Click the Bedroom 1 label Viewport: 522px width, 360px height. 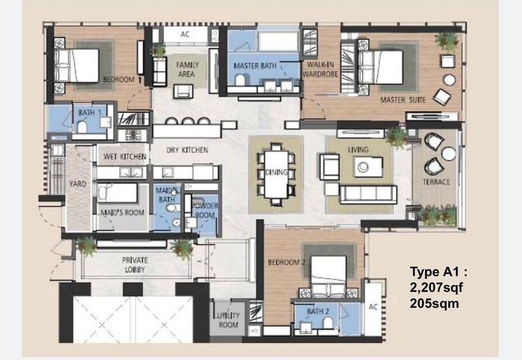(122, 80)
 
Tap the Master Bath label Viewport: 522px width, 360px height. (255, 66)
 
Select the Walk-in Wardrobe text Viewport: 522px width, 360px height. (320, 69)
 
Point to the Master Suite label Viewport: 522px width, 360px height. (403, 100)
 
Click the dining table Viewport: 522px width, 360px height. (276, 174)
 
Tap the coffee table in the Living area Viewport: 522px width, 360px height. (368, 167)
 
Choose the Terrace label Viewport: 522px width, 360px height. (436, 182)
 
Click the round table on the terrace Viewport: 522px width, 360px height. (449, 153)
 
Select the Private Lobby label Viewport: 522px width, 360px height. (135, 265)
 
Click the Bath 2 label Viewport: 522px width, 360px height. (318, 312)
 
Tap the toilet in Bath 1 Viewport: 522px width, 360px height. (82, 127)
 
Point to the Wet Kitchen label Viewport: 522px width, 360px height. (125, 157)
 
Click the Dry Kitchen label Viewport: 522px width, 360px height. (187, 150)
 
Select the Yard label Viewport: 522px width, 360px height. (78, 184)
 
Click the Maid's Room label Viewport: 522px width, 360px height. (123, 212)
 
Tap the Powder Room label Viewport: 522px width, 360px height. (205, 210)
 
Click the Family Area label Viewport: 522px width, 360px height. (187, 70)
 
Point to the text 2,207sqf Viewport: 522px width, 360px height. (436, 288)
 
